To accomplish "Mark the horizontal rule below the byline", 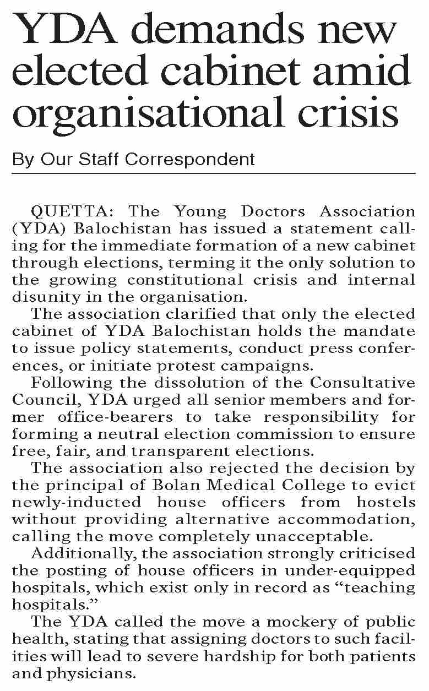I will [x=214, y=174].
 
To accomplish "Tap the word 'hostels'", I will [x=386, y=502].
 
